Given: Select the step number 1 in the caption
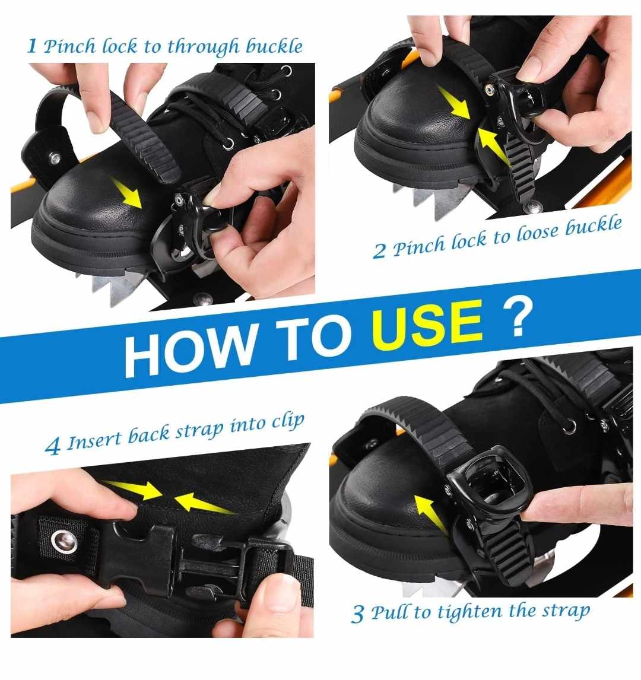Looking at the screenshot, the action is click(31, 46).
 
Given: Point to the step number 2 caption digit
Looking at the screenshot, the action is click(379, 250).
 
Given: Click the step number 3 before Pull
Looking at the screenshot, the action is click(358, 614).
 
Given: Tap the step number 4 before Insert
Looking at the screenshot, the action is click(52, 446).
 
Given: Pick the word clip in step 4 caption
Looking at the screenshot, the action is click(288, 422).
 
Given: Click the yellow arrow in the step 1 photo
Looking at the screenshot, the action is click(126, 192).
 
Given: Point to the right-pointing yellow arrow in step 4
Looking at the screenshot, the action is click(132, 488).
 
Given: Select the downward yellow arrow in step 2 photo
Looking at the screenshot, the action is click(453, 103).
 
